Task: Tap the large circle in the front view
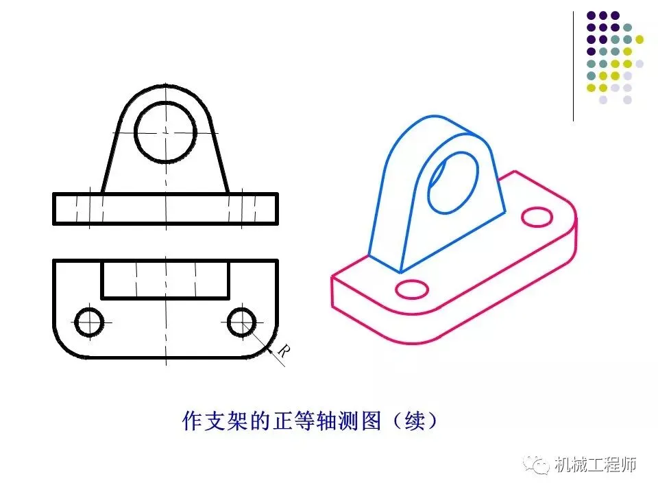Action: [166, 130]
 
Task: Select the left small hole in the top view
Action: [89, 322]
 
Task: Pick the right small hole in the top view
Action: [242, 322]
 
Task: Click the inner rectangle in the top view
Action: [165, 280]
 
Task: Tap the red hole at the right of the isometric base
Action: [537, 217]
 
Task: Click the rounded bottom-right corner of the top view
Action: [269, 349]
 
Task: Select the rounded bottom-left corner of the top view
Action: [62, 349]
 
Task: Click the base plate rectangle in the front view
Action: [165, 209]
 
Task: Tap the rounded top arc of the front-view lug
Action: [166, 88]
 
